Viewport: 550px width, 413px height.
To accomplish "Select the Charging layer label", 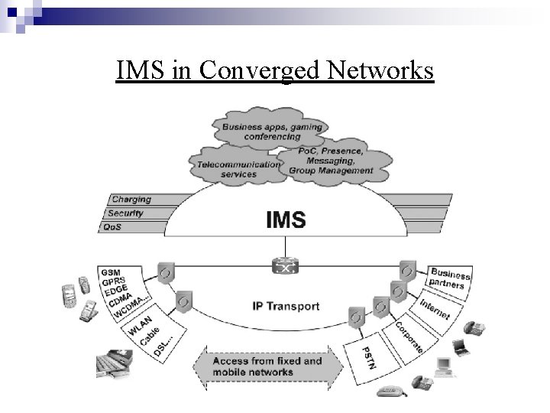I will [x=131, y=200].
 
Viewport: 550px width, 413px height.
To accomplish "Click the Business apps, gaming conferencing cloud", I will [x=272, y=130].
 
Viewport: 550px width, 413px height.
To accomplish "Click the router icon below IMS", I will [x=286, y=267].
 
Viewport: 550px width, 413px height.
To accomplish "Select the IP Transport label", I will [x=286, y=307].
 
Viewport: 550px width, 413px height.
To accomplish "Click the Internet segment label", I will [x=435, y=308].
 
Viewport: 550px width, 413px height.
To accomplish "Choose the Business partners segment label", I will [x=448, y=280].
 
